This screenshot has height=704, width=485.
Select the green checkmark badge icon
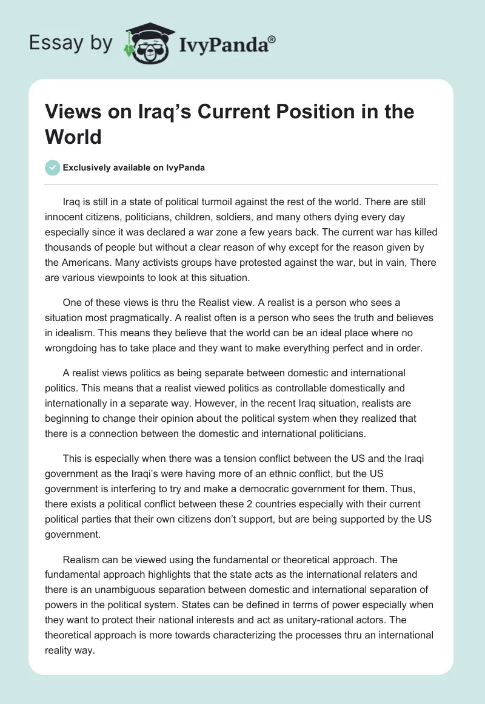coord(53,168)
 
